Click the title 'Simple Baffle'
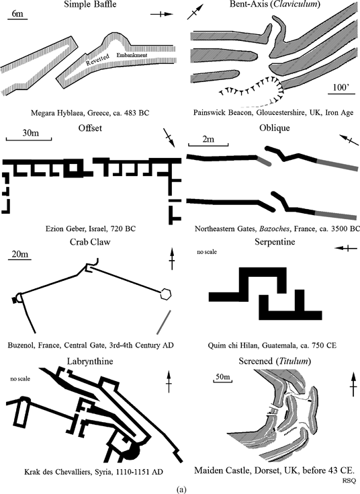[x=90, y=6]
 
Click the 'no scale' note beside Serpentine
[x=208, y=252]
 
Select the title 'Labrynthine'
[x=90, y=362]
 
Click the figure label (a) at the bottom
[x=180, y=489]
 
